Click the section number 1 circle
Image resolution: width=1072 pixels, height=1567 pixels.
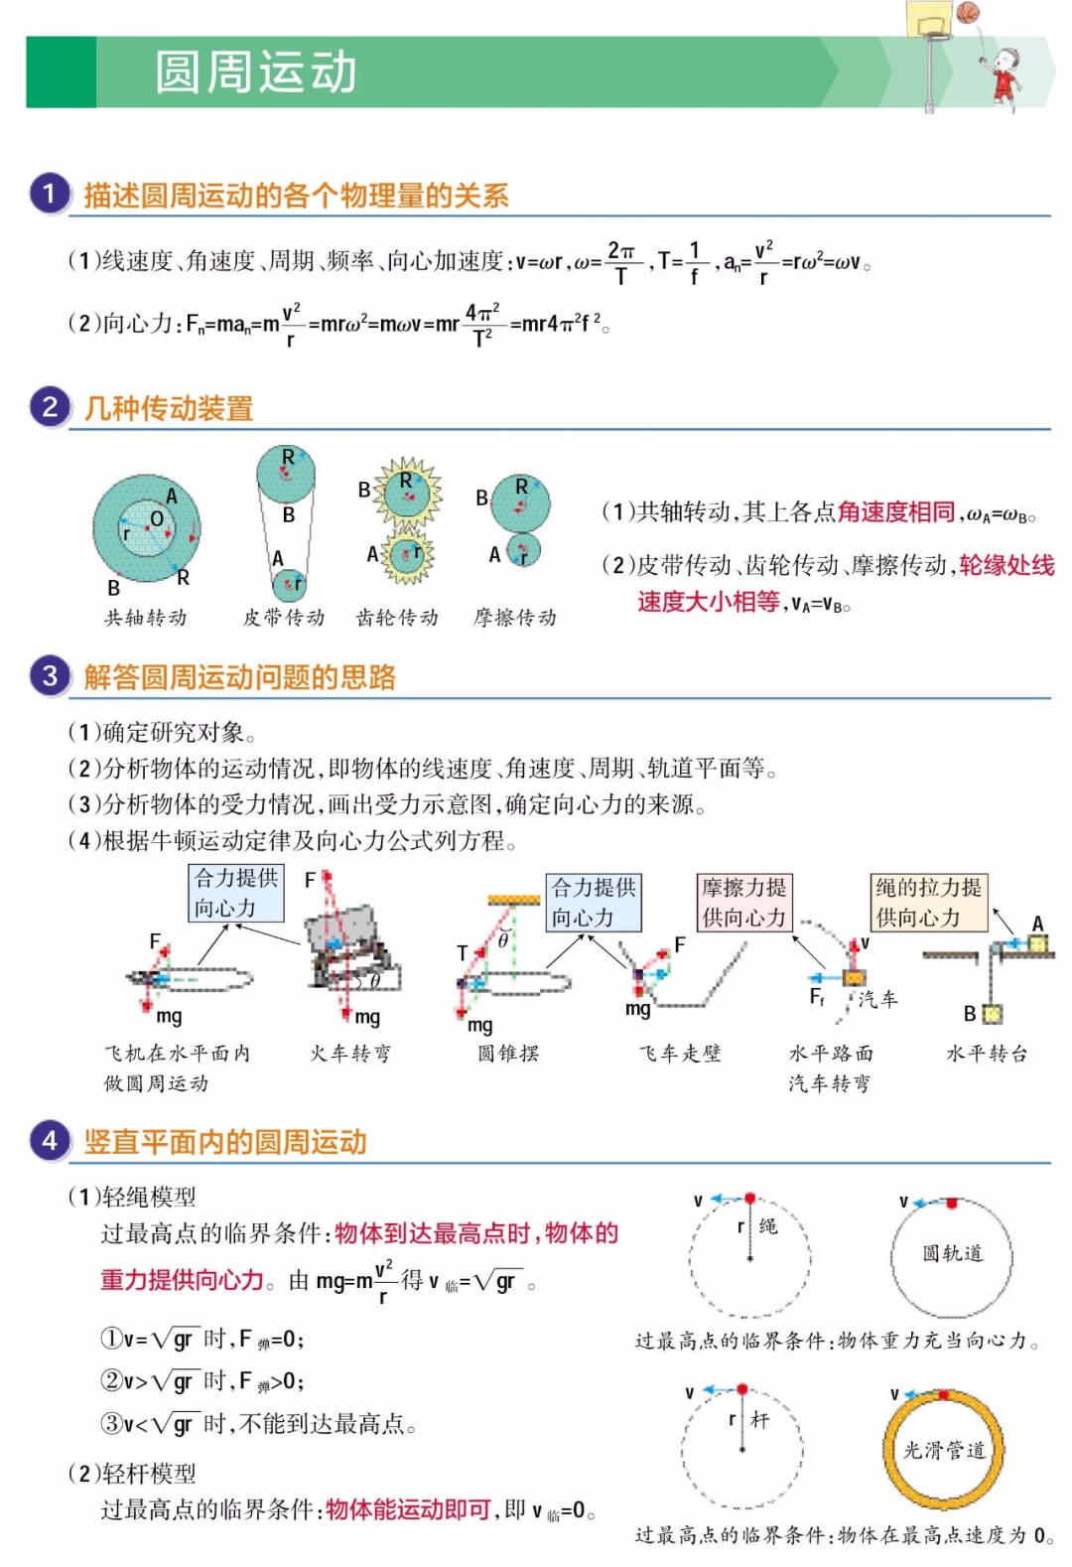(50, 194)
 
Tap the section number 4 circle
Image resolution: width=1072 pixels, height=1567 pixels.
(50, 1141)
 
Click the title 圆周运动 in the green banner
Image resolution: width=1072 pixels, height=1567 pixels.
(256, 72)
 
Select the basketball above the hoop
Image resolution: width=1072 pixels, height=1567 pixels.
(968, 12)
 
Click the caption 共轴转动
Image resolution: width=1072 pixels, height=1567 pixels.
(146, 618)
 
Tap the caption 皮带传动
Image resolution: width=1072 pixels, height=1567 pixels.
(284, 618)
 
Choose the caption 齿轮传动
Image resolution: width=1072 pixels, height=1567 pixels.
(397, 618)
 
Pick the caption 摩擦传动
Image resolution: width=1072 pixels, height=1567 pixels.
(515, 618)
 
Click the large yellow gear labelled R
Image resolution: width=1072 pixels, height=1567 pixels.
(407, 491)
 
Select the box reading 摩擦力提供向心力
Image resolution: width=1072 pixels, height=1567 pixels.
(744, 902)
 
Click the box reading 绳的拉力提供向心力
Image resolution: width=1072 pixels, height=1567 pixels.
(929, 902)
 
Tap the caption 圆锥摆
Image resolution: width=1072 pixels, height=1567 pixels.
(508, 1054)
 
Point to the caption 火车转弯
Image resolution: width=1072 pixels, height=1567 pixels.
(350, 1054)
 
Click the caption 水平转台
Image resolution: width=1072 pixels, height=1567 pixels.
(987, 1054)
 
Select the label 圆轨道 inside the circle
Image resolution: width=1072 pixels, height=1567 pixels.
(952, 1253)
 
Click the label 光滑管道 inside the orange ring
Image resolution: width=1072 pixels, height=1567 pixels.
(944, 1450)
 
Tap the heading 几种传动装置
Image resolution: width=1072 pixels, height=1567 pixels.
(169, 408)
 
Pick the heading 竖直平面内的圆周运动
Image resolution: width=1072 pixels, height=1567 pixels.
(225, 1142)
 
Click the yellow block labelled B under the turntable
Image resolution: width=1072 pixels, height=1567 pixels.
(992, 1014)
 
